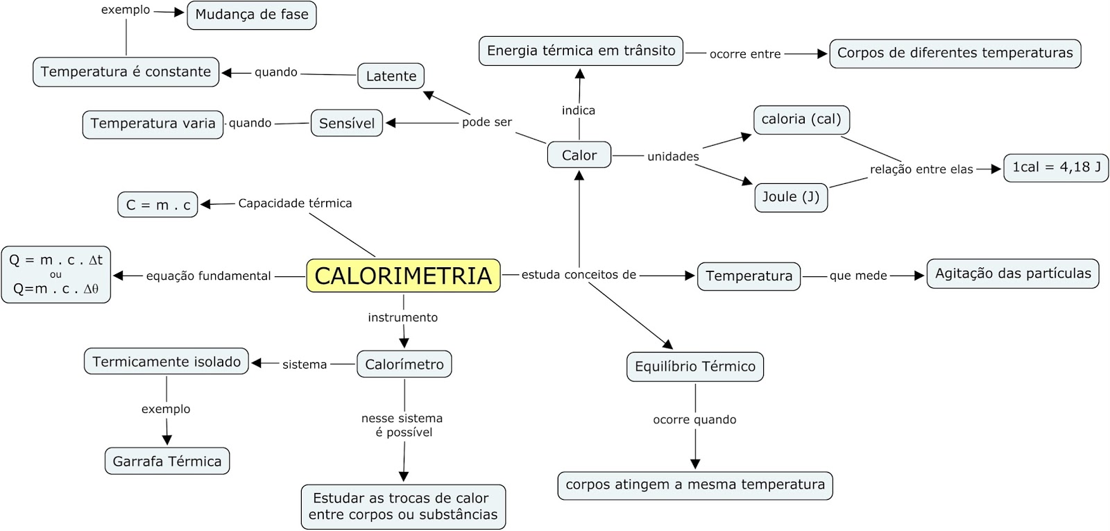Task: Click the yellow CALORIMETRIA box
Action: (403, 276)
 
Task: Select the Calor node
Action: (579, 155)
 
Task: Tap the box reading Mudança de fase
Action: (251, 15)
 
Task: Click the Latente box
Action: (391, 76)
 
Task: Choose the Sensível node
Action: (346, 123)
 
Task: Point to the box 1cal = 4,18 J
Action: (1055, 167)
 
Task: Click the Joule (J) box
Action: (790, 197)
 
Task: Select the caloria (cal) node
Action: (801, 119)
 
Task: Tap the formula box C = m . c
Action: (157, 205)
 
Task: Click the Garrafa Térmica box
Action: (166, 461)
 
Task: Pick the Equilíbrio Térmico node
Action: (694, 366)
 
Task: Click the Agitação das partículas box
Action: (1012, 273)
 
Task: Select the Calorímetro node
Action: (404, 364)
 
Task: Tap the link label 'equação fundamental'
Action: (208, 276)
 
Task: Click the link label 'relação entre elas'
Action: (921, 169)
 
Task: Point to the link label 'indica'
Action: (578, 110)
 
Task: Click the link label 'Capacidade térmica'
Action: (295, 203)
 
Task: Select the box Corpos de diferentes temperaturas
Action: (955, 53)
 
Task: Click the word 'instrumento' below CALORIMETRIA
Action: (402, 317)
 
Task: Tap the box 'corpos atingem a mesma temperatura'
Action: (694, 484)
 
